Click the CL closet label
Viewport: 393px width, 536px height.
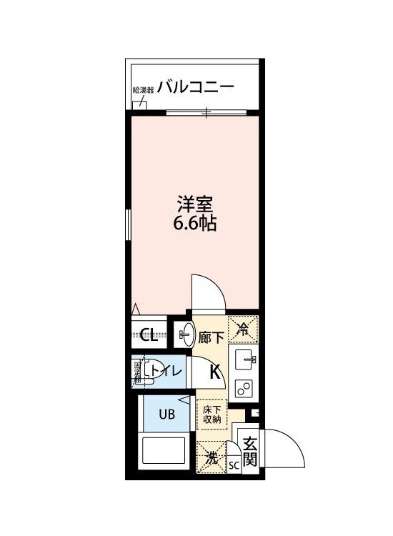[x=149, y=334]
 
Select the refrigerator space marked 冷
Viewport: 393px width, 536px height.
[x=243, y=330]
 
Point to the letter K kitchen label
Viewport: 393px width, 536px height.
[x=214, y=371]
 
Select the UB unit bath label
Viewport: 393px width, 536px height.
[x=166, y=413]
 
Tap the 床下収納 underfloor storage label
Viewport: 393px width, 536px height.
[x=212, y=415]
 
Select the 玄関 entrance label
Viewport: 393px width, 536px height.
[x=249, y=452]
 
